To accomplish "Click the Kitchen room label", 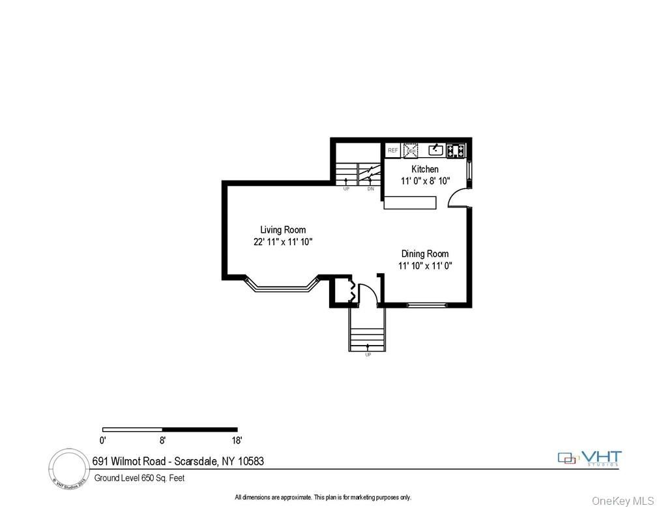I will point(424,170).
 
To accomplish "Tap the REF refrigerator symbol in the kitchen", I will point(392,151).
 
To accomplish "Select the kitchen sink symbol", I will point(435,151).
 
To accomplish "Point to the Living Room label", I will point(283,230).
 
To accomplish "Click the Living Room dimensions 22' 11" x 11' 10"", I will point(283,242).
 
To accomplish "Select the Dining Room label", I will point(424,254).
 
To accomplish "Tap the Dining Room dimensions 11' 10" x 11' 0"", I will point(425,265).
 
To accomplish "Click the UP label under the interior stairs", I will point(346,189).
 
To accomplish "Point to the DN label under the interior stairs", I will point(370,189).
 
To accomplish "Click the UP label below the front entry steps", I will point(368,354).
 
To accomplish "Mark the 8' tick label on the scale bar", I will point(162,440).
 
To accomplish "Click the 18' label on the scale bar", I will point(236,440).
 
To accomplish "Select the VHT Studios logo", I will point(590,458).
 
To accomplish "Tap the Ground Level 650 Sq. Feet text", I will point(139,478).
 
